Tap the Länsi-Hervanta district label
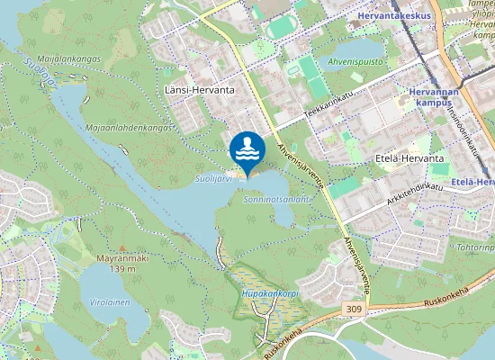click(x=199, y=91)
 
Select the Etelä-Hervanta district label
click(x=409, y=158)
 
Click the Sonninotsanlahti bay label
click(x=278, y=200)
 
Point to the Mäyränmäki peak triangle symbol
click(x=122, y=247)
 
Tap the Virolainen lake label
click(x=108, y=302)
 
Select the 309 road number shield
click(x=355, y=309)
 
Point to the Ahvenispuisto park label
click(x=355, y=62)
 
